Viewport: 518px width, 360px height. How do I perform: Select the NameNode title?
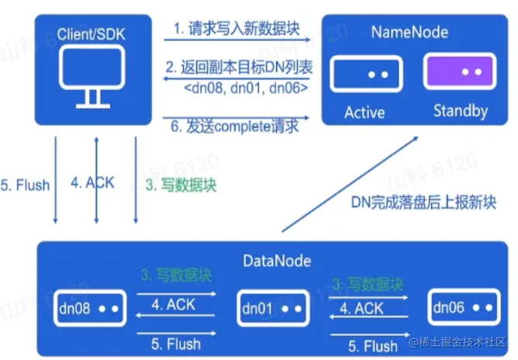[409, 33]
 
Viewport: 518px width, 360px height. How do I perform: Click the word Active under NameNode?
[364, 112]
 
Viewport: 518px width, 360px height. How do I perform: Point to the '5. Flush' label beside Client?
[26, 185]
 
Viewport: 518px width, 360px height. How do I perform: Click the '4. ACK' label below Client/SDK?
[92, 183]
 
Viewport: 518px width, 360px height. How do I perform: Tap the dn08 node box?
[88, 308]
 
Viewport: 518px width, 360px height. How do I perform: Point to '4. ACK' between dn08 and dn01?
[174, 305]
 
